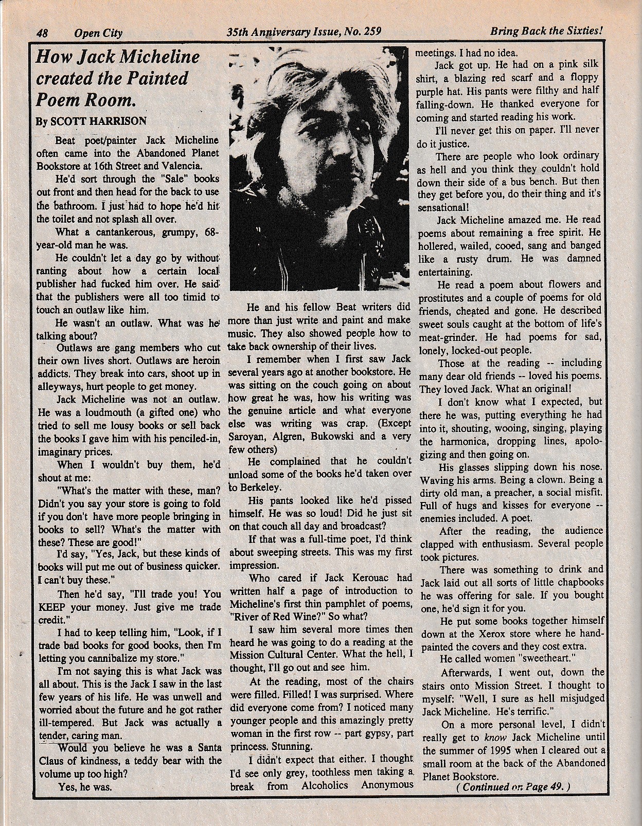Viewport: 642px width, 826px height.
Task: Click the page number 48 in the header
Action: pos(42,33)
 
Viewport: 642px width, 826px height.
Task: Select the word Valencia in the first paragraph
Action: pos(182,166)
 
